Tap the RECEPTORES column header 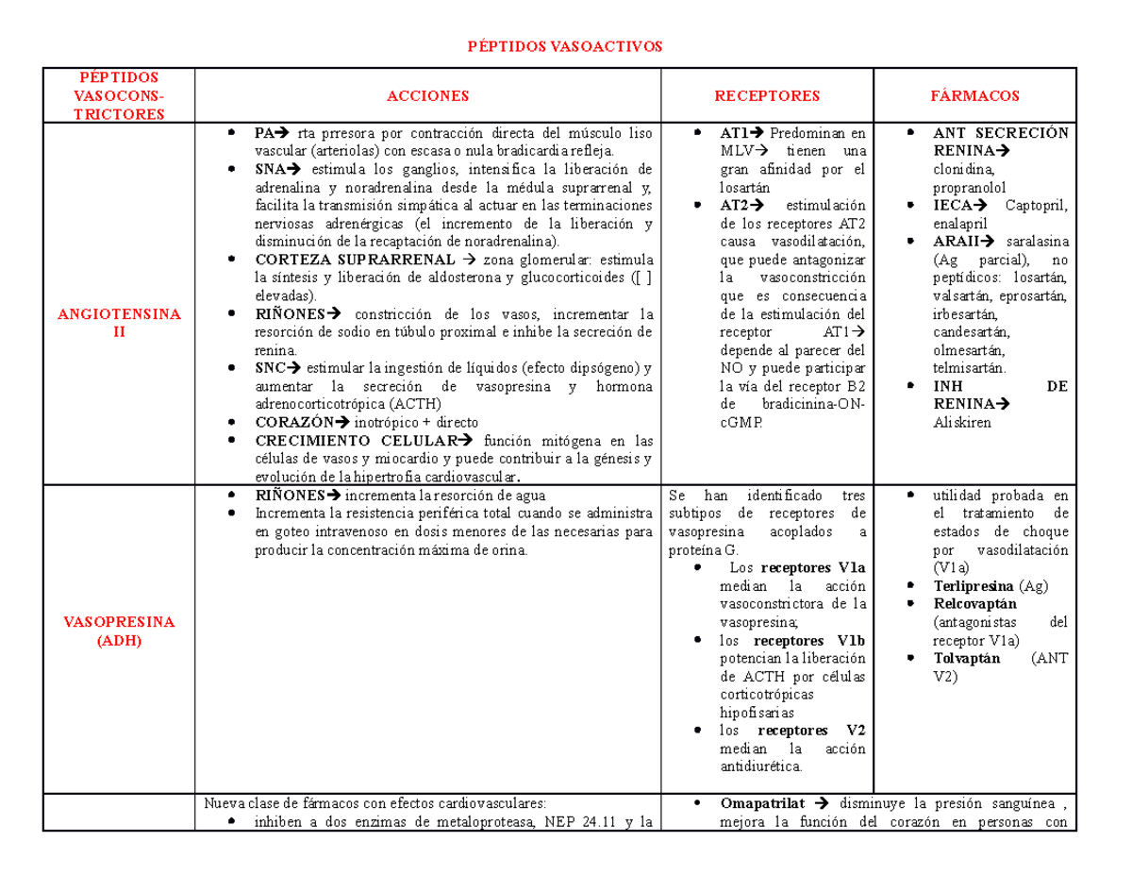pyautogui.click(x=767, y=95)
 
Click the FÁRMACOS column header pyautogui.click(x=974, y=95)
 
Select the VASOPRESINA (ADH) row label pyautogui.click(x=107, y=631)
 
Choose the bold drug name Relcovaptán pyautogui.click(x=974, y=604)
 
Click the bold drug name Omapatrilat pyautogui.click(x=762, y=803)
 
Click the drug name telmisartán pyautogui.click(x=969, y=368)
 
